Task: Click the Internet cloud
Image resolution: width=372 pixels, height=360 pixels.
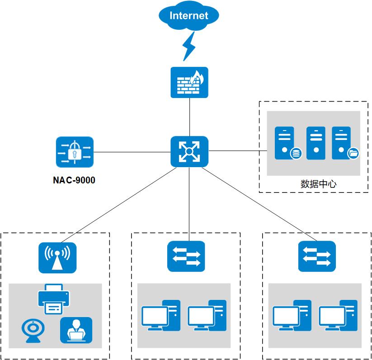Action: point(189,16)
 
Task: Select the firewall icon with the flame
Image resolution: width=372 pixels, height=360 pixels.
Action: point(189,82)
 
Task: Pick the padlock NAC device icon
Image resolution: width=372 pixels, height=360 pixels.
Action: point(75,152)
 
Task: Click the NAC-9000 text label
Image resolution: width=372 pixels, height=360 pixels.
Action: point(74,181)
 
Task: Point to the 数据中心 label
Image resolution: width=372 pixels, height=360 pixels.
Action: point(319,184)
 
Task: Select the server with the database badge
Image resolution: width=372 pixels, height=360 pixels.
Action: point(285,143)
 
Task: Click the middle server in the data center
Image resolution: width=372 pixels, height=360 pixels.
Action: point(315,143)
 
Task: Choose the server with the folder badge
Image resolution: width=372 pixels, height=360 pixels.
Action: point(342,143)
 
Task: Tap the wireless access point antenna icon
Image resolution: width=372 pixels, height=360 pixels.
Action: point(57,258)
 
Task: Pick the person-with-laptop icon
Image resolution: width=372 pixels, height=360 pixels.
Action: point(76,330)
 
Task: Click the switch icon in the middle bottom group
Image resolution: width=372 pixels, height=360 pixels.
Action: point(186,257)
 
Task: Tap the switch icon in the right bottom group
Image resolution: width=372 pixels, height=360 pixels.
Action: point(317,257)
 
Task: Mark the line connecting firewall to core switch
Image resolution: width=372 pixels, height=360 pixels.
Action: point(189,117)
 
